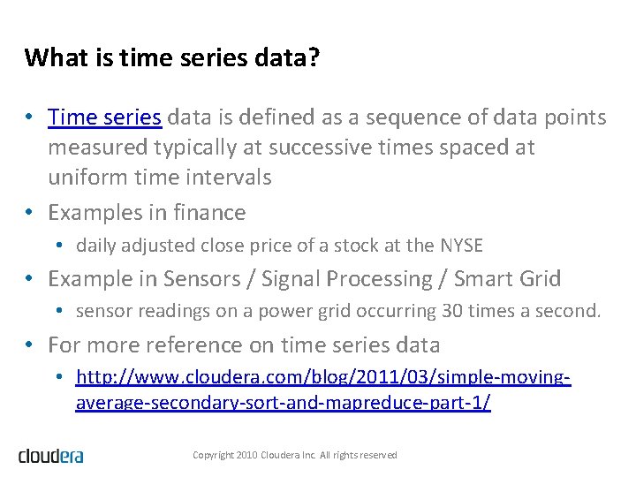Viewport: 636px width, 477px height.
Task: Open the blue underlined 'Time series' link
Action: (104, 117)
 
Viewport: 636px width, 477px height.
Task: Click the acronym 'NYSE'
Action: (461, 246)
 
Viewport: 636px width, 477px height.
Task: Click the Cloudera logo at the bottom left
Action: (51, 456)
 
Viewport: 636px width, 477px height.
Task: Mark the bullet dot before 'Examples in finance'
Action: (30, 213)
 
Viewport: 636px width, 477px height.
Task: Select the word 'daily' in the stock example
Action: (95, 246)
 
